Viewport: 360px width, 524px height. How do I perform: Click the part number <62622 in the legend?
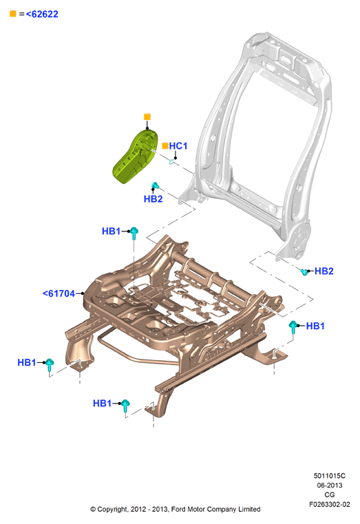coord(42,14)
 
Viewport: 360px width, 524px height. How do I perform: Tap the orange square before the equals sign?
coord(12,14)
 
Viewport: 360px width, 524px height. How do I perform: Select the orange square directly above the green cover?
coord(147,116)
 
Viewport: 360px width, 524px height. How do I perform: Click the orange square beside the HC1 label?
coord(165,146)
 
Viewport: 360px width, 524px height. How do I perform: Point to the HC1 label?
coord(178,146)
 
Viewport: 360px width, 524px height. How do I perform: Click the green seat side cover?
coord(136,156)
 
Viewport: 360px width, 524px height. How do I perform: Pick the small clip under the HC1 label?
coord(171,162)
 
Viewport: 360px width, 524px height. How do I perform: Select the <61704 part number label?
coord(59,293)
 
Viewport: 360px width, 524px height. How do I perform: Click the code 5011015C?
coord(329,476)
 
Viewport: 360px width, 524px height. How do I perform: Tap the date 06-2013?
coord(329,485)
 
